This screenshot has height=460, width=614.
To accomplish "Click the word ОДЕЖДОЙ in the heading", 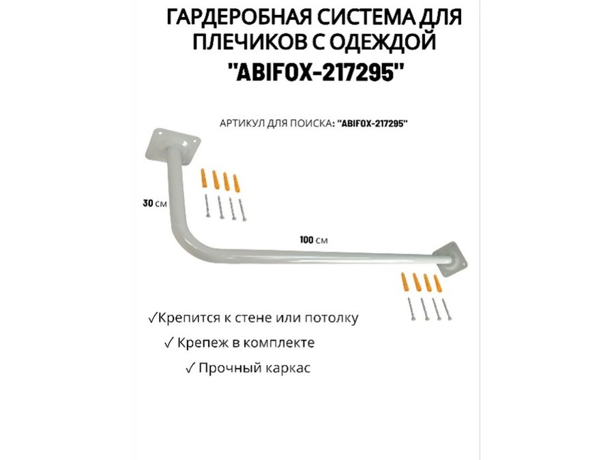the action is tap(382, 42).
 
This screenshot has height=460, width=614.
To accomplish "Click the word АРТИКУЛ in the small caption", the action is tap(242, 123).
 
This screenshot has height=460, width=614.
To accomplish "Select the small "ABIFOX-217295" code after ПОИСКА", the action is tap(372, 123).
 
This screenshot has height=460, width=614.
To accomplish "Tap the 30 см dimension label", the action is tap(155, 203).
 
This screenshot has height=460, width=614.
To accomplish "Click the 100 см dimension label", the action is tap(314, 239).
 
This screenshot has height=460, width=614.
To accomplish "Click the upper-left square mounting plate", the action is tap(173, 145).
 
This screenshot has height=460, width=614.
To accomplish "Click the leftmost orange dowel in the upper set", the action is tap(204, 179).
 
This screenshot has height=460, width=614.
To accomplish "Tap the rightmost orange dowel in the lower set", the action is tap(438, 283).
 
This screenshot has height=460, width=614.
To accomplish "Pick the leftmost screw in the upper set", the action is tap(207, 206).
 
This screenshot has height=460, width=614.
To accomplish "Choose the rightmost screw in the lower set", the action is tap(447, 309).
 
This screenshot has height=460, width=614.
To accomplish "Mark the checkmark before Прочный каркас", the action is tap(190, 368).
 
